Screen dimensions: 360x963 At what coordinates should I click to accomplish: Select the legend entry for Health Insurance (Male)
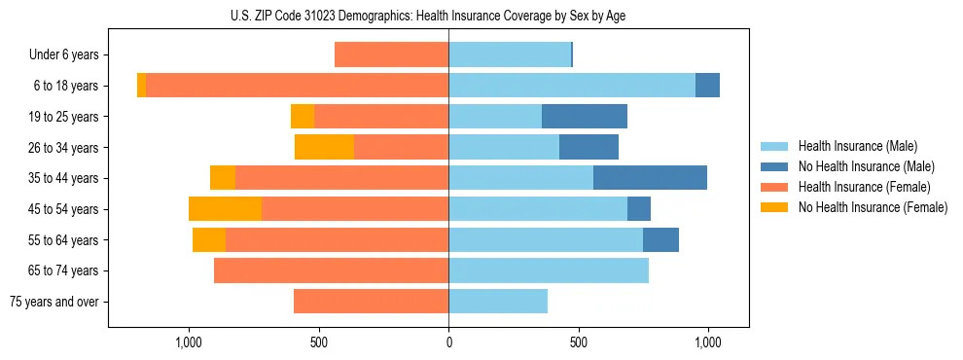[857, 146]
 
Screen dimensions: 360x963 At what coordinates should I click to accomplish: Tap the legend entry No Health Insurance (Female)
[873, 207]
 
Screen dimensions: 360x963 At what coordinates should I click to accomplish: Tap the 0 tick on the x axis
[448, 342]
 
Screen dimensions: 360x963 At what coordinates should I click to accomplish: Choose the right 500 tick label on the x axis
[578, 342]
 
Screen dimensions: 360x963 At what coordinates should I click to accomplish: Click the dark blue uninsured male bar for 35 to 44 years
[650, 178]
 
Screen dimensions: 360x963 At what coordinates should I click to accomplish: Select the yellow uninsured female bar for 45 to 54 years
[225, 209]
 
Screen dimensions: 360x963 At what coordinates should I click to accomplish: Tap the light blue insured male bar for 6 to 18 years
[572, 86]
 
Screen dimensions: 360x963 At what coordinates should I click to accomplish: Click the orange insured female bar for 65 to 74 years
[331, 270]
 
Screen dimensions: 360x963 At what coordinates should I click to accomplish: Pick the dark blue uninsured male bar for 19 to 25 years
[584, 117]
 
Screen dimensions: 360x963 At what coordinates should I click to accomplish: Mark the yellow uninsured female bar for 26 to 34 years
[324, 147]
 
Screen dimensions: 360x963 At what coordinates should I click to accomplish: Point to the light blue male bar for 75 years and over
[498, 302]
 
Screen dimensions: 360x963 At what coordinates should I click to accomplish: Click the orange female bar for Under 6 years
[391, 55]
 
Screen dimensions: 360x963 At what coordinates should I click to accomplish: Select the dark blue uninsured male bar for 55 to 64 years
[660, 239]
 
